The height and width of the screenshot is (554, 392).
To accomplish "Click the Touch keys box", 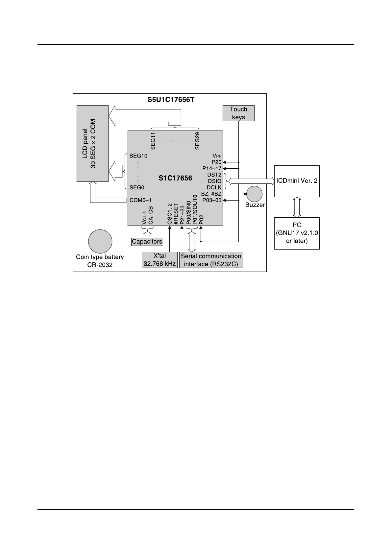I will (x=238, y=113).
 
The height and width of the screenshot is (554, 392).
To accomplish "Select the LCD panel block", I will (x=92, y=143).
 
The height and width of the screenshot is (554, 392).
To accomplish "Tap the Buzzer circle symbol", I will (x=254, y=194).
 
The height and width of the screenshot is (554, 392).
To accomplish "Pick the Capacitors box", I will (x=147, y=242).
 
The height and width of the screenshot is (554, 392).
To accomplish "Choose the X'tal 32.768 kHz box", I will (x=159, y=260).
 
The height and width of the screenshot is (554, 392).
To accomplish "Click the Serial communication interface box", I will (x=211, y=260).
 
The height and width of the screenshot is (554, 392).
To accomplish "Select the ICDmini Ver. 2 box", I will (x=297, y=181).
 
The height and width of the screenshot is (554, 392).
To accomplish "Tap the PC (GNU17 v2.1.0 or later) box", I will (x=297, y=233).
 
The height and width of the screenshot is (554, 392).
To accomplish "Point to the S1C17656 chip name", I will (x=175, y=179).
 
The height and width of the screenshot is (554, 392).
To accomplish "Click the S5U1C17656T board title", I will (x=171, y=99).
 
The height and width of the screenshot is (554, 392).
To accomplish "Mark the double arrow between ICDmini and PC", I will (x=297, y=207).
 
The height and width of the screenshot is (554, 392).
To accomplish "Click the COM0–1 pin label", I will (x=140, y=200).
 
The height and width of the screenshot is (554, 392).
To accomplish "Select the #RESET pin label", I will (x=176, y=214).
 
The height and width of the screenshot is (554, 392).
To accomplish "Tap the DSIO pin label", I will (x=214, y=181).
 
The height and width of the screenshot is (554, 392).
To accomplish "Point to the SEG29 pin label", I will (x=197, y=141).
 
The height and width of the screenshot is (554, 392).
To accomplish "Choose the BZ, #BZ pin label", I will (x=211, y=194).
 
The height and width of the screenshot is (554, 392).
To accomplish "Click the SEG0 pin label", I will (x=137, y=187).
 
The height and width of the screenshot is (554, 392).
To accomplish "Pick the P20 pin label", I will (x=216, y=162).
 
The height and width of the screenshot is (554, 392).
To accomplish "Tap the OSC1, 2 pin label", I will (x=170, y=214).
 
